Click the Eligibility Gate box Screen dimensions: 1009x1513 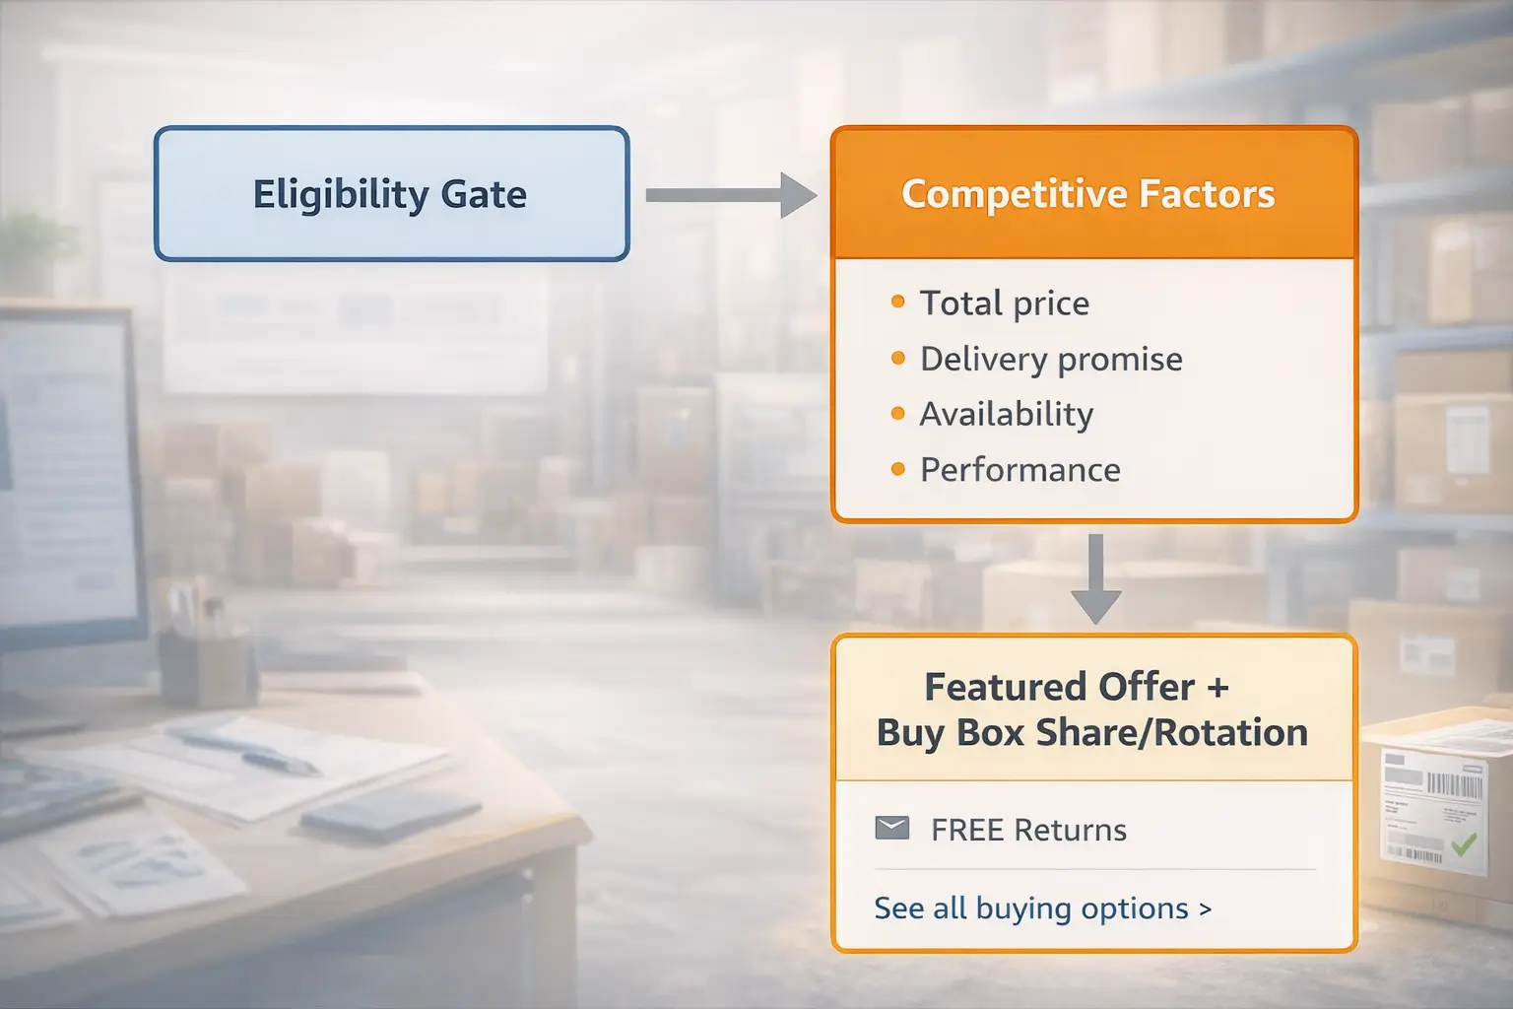(391, 193)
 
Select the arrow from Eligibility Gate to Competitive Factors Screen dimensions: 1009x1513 (730, 195)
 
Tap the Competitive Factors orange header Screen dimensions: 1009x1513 (1087, 194)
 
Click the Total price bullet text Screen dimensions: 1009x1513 (1004, 303)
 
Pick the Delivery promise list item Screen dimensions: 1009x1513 (1050, 360)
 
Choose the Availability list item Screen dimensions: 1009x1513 (1006, 415)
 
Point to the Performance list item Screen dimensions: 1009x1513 (1020, 470)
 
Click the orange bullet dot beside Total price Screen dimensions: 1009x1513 (897, 302)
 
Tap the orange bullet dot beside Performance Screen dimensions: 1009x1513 (897, 469)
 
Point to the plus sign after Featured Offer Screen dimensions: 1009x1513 (1217, 687)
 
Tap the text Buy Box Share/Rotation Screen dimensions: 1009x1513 (1091, 733)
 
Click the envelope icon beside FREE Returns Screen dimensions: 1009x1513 (892, 829)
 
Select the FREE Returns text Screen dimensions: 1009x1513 (1028, 830)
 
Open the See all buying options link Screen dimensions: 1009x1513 (1042, 908)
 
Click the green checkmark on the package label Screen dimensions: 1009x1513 (1464, 843)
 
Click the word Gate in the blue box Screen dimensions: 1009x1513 (483, 194)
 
